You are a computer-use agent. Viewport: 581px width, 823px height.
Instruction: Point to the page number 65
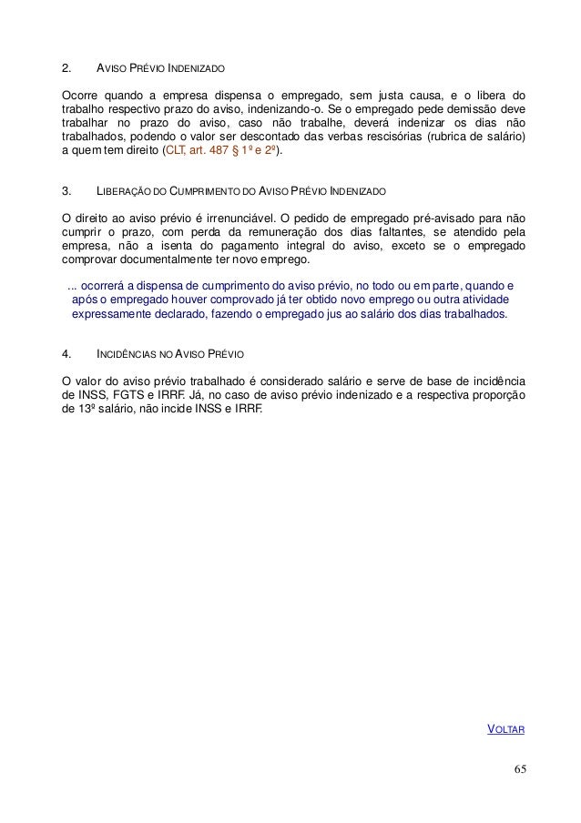(x=519, y=771)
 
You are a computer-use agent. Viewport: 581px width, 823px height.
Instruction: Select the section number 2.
(x=65, y=68)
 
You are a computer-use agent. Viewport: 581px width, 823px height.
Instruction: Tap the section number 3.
(x=65, y=192)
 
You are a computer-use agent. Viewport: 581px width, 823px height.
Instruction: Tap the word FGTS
(x=127, y=396)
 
